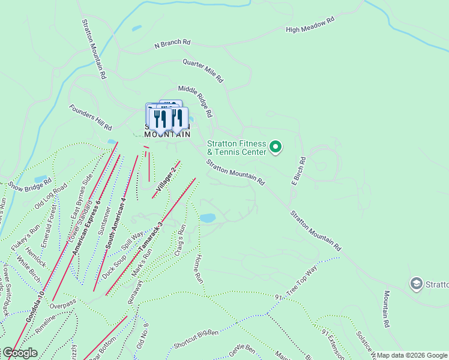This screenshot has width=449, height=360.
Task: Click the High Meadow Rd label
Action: (x=310, y=25)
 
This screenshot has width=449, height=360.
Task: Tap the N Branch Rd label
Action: (x=172, y=44)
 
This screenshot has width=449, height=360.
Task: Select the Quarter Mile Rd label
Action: (x=203, y=70)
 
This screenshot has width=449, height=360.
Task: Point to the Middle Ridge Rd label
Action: (x=195, y=101)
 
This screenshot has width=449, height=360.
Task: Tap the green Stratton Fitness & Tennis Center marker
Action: (x=276, y=146)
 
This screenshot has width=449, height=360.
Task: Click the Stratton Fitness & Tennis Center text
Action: (x=236, y=148)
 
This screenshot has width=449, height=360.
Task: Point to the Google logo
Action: (x=19, y=353)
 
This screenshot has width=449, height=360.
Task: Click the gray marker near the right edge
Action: (x=417, y=283)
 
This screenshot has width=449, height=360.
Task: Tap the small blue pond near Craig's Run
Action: (x=208, y=218)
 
